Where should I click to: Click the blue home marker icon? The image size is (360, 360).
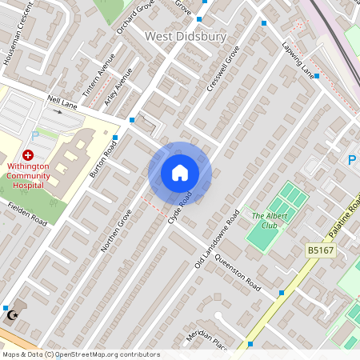(x=180, y=173)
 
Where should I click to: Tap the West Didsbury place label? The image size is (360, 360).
(x=186, y=37)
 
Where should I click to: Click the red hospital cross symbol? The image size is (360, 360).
(x=28, y=154)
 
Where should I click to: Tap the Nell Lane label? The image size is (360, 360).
(x=62, y=102)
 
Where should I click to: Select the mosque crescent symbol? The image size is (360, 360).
(x=11, y=316)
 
